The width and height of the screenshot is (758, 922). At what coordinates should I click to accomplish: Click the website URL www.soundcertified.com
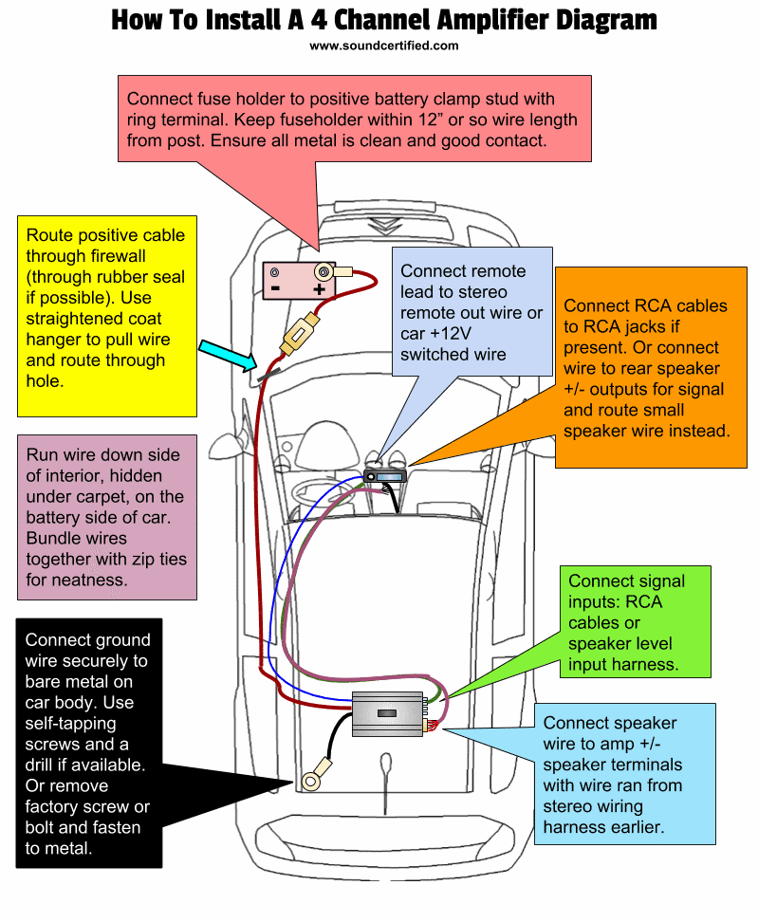tap(383, 45)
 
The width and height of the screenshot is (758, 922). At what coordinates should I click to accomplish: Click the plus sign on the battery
tap(320, 289)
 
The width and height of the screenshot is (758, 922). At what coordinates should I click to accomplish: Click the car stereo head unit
tap(385, 477)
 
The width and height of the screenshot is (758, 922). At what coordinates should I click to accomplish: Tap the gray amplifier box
tap(390, 713)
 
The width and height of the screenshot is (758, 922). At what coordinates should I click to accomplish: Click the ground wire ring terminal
tap(311, 781)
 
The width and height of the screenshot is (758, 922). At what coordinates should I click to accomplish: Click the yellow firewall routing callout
tap(106, 318)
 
